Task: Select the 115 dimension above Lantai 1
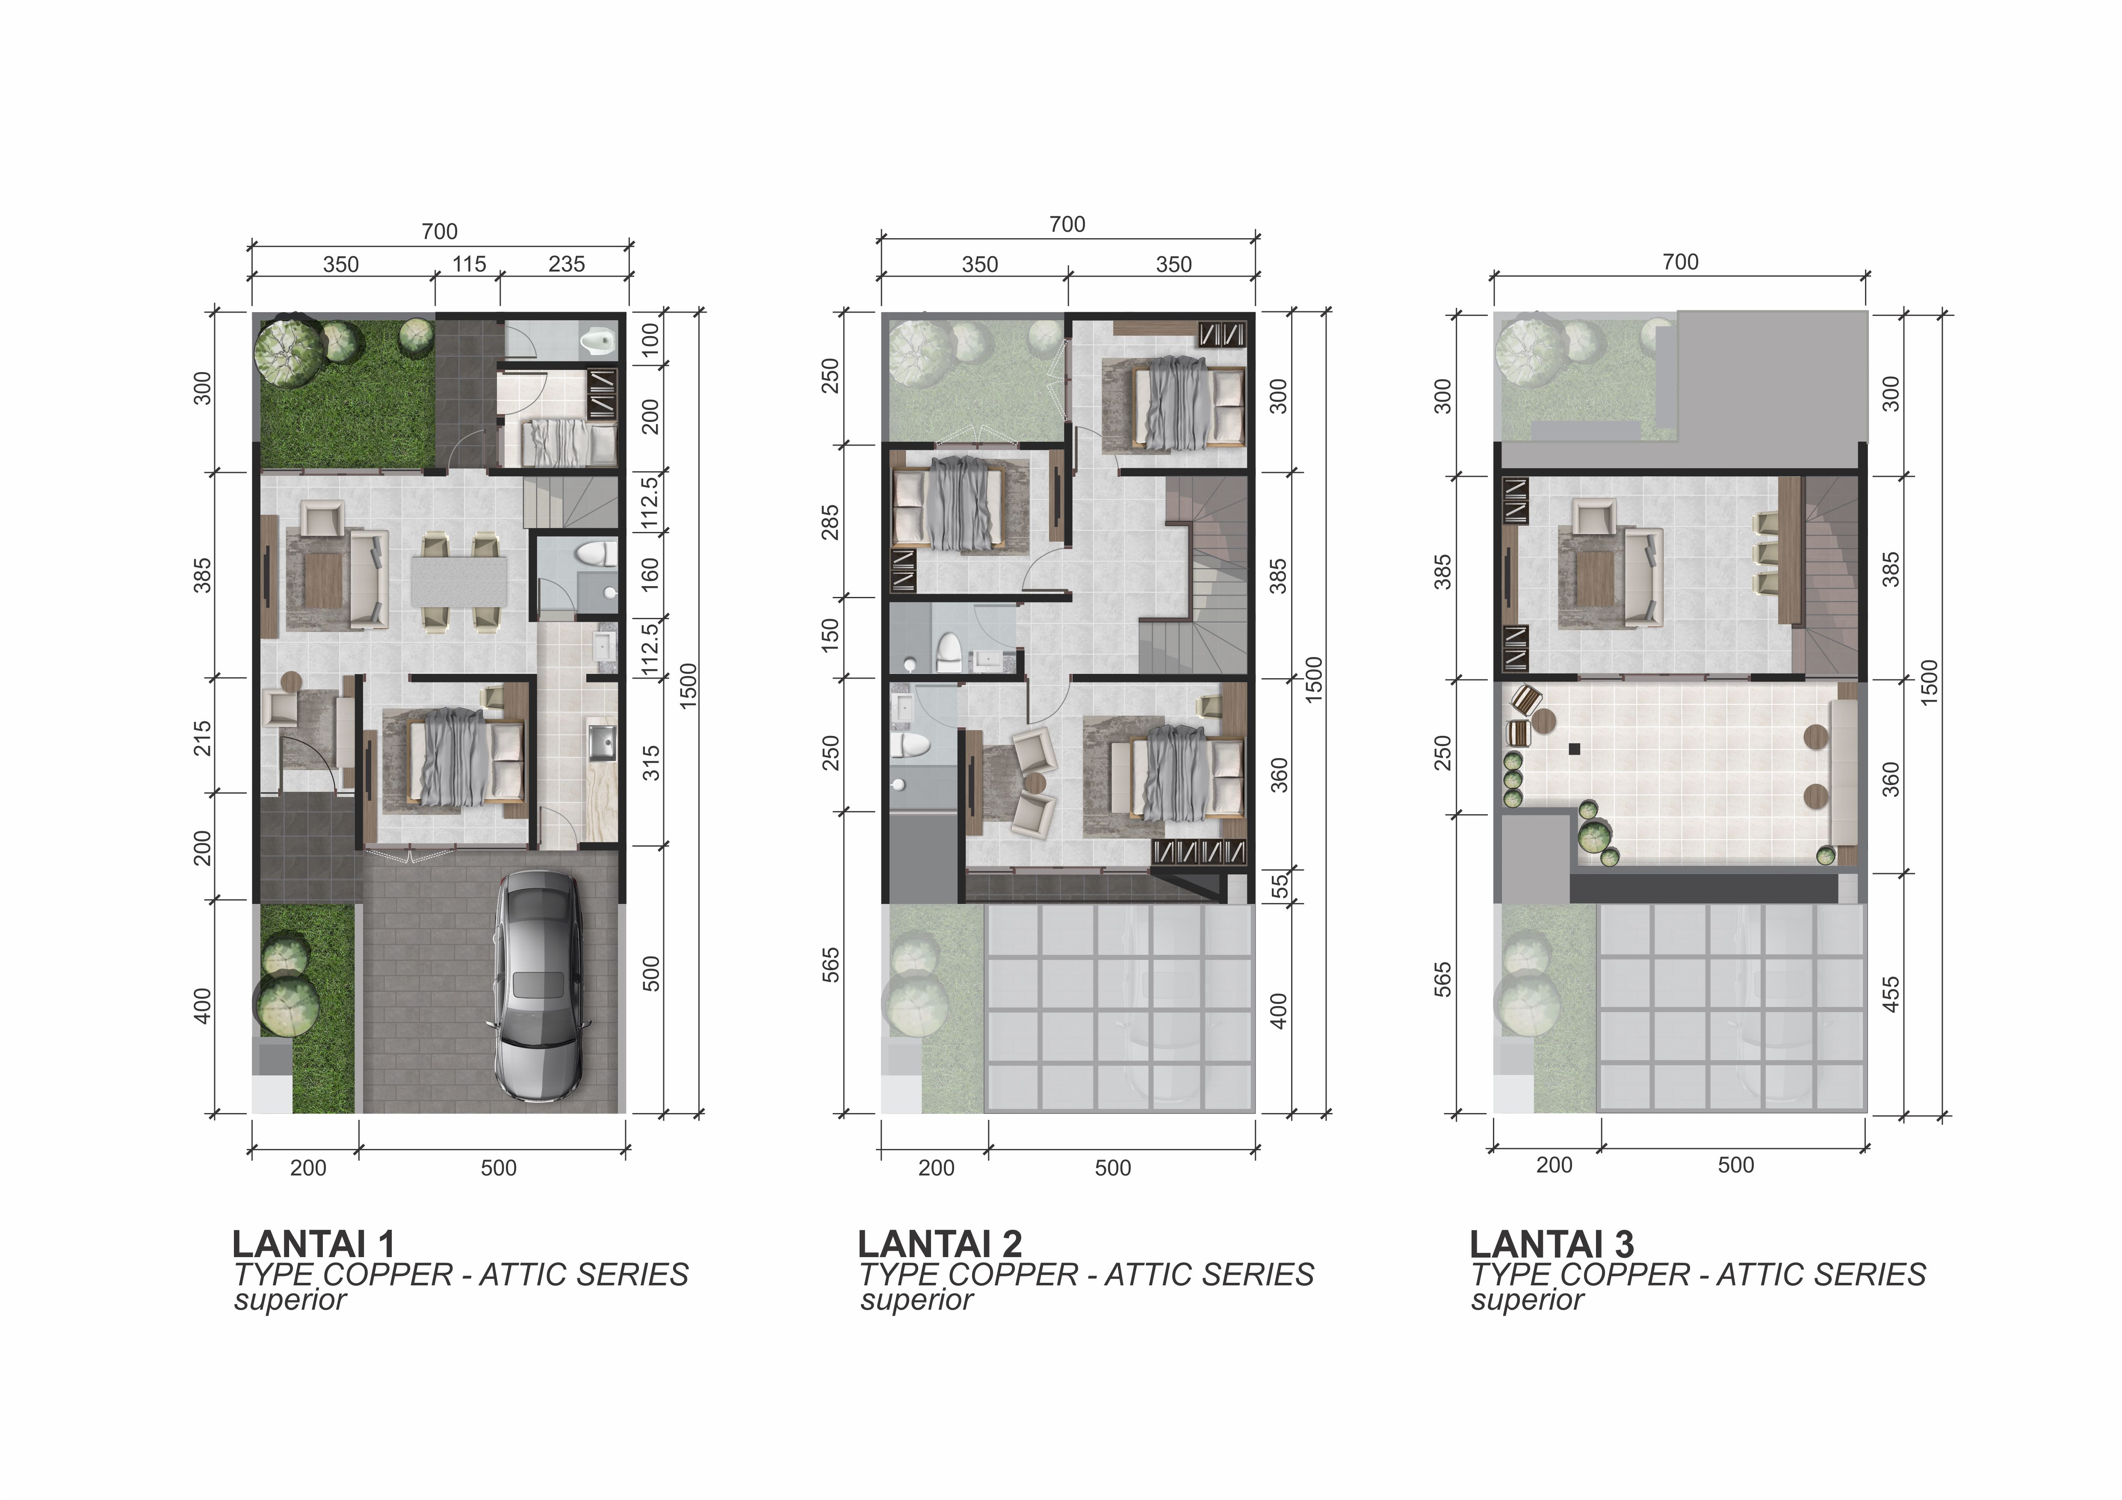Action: (469, 264)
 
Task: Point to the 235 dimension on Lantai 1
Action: (567, 264)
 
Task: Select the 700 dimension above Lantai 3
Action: (1680, 263)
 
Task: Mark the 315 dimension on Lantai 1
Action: (652, 763)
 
